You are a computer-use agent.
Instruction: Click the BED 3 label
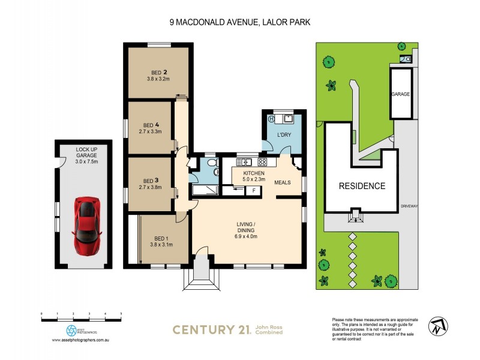tap(151, 180)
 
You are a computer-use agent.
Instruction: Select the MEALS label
tap(283, 182)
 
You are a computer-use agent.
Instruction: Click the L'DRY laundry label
tap(283, 135)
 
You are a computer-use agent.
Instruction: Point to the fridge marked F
tap(254, 190)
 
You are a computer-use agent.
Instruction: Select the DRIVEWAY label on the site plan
tap(410, 206)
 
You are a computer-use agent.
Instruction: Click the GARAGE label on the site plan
tap(401, 95)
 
